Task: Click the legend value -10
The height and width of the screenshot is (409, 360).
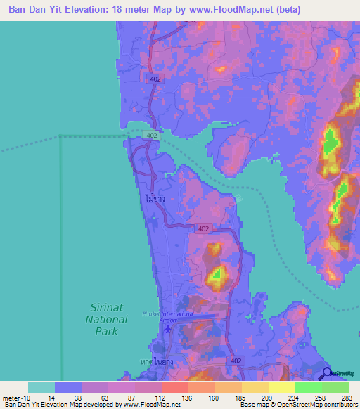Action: pos(15,397)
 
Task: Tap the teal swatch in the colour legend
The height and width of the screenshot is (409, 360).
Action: pos(41,387)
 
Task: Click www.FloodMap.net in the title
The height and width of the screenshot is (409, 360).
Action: pos(217,10)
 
